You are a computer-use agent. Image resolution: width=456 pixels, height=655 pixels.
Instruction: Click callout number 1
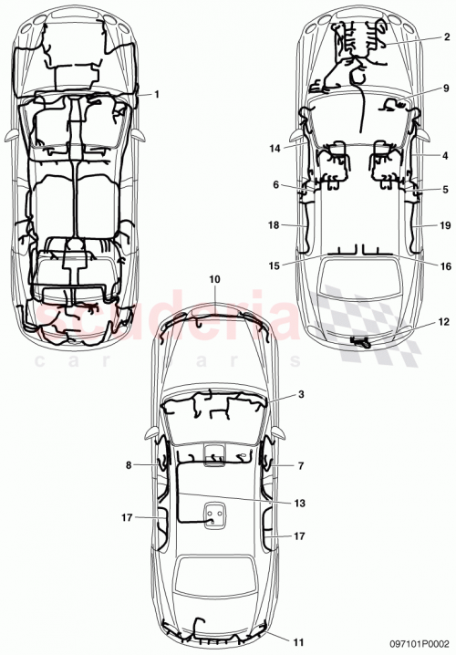coord(157,94)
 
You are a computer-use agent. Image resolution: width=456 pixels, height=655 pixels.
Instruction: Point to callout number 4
coord(446,156)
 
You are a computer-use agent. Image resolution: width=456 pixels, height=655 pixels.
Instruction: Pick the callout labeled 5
coord(446,190)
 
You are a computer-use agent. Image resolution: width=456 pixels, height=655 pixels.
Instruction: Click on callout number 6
coord(275,183)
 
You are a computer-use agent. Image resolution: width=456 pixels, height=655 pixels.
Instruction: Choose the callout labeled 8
coord(129,465)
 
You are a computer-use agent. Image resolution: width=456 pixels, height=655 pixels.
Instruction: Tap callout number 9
coord(446,88)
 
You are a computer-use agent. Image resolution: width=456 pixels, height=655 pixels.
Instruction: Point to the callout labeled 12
coord(444,322)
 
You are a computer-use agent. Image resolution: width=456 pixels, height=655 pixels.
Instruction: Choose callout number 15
coord(275,265)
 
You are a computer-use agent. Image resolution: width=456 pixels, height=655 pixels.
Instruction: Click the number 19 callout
coord(444,224)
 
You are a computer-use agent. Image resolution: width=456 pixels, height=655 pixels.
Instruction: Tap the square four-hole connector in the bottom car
coord(214,517)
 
